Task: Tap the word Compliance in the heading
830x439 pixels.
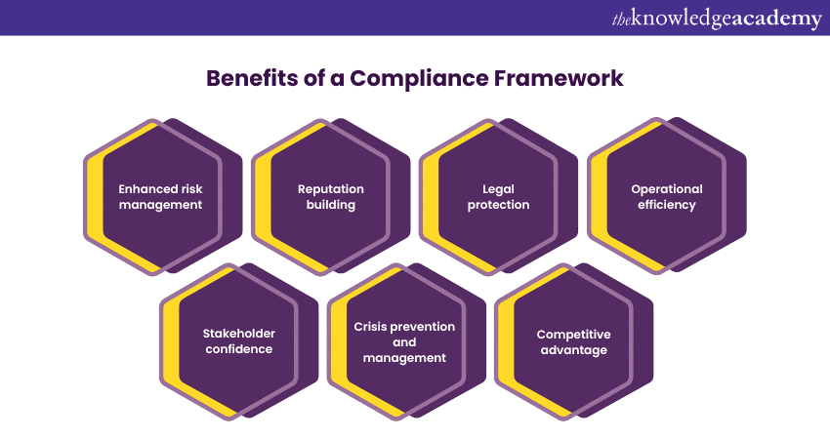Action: tap(419, 79)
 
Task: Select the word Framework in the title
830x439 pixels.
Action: tap(559, 78)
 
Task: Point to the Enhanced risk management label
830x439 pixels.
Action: tap(160, 197)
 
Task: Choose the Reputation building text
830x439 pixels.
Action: tap(331, 197)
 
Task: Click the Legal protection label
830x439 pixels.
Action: tap(498, 197)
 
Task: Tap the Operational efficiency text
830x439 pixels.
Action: tap(666, 197)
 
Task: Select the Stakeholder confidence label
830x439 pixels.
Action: tap(238, 341)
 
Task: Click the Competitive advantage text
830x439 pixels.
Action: tap(574, 342)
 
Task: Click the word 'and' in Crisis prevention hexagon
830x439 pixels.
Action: tap(404, 342)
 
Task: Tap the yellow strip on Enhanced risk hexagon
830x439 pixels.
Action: tap(96, 198)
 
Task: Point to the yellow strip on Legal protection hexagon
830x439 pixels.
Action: tap(431, 198)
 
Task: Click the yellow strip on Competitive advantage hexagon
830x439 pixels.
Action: tap(506, 341)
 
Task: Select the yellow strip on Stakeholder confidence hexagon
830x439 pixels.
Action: tap(171, 341)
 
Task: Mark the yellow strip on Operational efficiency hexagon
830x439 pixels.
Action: tap(600, 198)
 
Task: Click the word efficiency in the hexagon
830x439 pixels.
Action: tap(666, 205)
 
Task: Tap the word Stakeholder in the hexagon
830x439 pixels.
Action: tap(238, 334)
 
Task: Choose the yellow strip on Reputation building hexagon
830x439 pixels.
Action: tap(263, 198)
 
